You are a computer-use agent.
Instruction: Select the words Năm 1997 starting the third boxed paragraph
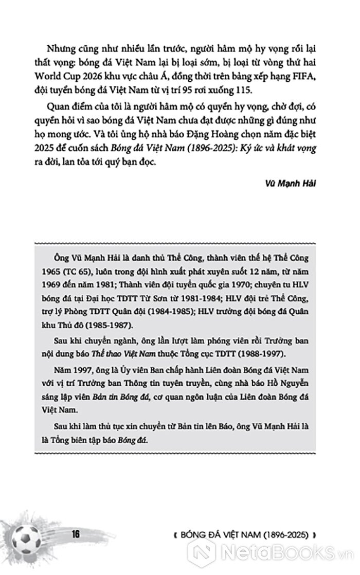pyautogui.click(x=69, y=370)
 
